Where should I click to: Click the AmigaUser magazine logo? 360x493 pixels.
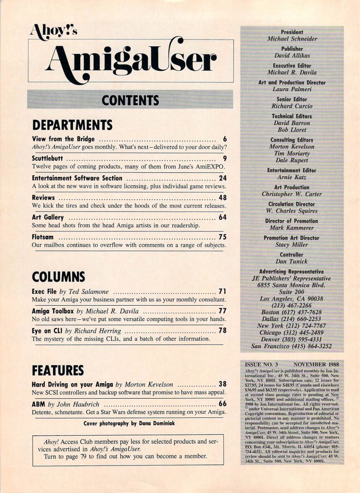point(130,61)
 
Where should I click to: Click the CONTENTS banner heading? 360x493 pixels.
point(130,100)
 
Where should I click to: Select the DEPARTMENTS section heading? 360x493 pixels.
point(72,125)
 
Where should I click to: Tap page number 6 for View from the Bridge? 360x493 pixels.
point(225,139)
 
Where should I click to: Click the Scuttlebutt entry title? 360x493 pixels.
point(46,158)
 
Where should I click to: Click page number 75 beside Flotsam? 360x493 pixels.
point(222,237)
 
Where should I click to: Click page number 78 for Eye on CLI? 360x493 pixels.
point(222,331)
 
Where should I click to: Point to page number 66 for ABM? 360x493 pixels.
point(222,404)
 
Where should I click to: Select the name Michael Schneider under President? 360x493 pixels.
point(292,38)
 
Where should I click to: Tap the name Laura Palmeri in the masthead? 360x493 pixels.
point(292,90)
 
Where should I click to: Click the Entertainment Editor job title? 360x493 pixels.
point(292,170)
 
